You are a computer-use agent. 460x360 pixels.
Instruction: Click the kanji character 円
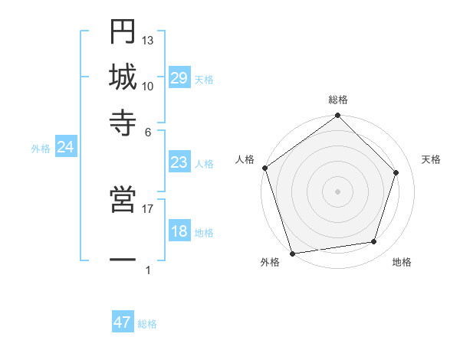coord(123,33)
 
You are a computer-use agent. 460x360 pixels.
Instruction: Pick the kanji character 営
coord(123,201)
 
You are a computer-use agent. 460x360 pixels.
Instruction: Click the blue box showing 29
coord(179,79)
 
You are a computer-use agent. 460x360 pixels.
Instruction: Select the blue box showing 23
coord(179,163)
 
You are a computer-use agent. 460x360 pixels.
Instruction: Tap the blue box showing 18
coord(179,232)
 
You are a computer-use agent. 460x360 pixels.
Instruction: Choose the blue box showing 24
coord(65,148)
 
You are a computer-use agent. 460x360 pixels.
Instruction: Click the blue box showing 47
coord(123,322)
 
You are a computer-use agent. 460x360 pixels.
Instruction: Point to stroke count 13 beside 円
coord(148,40)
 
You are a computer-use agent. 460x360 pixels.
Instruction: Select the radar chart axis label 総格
coord(338,100)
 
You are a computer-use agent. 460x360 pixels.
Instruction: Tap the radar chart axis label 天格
coord(432,159)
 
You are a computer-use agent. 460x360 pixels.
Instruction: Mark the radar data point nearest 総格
coord(338,116)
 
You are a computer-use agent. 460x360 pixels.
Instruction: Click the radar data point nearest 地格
coord(374,242)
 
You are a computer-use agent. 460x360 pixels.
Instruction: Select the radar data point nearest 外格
coord(293,253)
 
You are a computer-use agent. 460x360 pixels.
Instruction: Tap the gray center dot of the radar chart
coord(338,191)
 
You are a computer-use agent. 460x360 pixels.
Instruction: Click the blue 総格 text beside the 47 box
coord(147,324)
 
